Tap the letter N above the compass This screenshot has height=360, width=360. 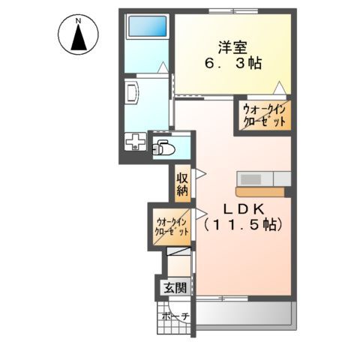[77, 20]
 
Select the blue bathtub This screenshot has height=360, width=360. [147, 26]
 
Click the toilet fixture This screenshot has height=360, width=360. [163, 148]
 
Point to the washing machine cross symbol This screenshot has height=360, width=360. [135, 142]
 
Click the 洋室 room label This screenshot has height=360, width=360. [232, 46]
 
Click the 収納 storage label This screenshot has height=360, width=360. [182, 184]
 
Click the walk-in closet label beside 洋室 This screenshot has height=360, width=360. [263, 117]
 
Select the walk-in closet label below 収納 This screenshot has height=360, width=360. [171, 227]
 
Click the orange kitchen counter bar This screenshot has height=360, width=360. [259, 191]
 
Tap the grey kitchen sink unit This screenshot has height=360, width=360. [264, 178]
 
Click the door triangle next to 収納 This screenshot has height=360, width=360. [200, 174]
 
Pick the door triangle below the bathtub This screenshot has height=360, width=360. [163, 67]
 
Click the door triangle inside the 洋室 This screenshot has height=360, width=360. [278, 86]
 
